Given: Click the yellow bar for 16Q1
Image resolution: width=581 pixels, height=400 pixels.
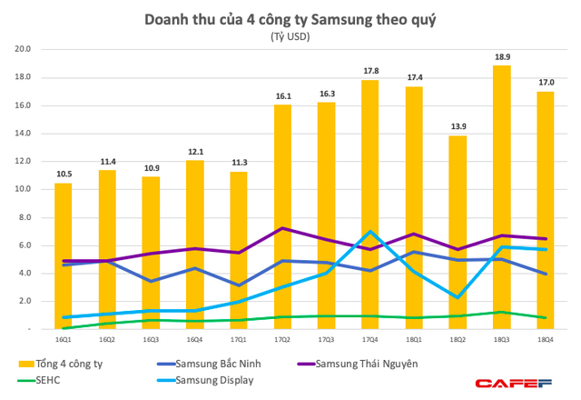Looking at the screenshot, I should tap(63, 255).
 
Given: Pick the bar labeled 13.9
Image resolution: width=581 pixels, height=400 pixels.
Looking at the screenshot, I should tap(458, 232).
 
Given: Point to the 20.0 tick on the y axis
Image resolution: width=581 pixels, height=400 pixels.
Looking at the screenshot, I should tap(23, 50).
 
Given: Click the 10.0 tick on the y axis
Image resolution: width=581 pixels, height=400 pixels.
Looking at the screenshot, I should tap(23, 189).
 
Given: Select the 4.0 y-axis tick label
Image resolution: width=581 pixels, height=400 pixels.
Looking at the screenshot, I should tap(25, 273).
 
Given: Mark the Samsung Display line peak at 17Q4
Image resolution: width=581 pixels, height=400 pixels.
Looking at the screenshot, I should tap(370, 231).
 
